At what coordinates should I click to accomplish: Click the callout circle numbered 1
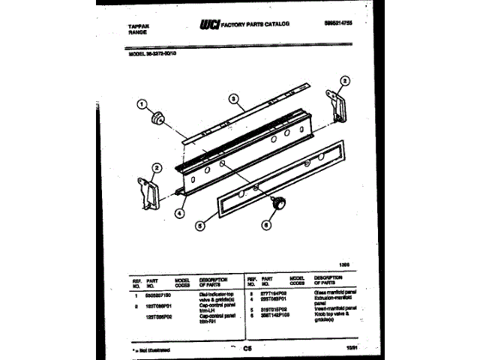pos(142,106)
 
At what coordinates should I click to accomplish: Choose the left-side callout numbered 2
pos(156,167)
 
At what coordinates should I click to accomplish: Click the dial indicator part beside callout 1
pos(158,118)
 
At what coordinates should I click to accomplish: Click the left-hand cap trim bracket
pos(148,193)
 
